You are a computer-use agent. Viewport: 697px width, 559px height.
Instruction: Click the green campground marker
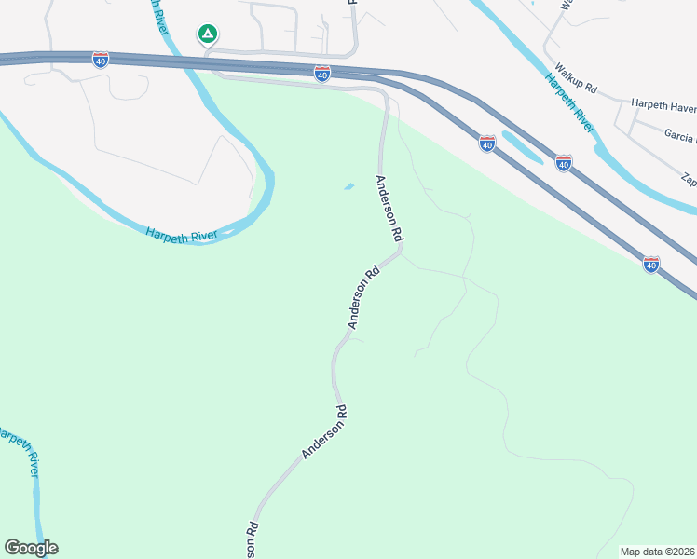click(207, 35)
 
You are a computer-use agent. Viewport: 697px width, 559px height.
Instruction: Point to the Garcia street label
click(679, 136)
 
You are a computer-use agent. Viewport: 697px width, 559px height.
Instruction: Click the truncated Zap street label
click(689, 177)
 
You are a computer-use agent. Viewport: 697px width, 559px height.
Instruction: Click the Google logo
click(31, 548)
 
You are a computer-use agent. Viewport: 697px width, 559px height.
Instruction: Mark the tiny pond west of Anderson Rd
click(349, 186)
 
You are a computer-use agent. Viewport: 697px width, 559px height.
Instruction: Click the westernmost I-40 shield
click(101, 60)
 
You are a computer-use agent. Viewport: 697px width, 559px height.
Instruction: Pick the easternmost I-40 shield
click(651, 265)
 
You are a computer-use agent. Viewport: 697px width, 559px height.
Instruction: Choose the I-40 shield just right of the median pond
click(563, 163)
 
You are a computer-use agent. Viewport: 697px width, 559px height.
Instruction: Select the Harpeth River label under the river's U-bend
click(181, 234)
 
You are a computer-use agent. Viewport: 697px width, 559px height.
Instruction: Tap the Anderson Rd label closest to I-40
click(389, 207)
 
